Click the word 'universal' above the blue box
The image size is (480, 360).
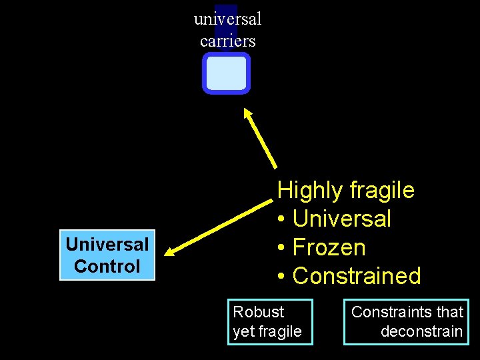[227, 19]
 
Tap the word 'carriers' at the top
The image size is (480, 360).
[227, 41]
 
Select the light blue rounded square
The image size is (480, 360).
[226, 73]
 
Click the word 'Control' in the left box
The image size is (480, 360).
[107, 267]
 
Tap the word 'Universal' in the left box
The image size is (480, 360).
[107, 245]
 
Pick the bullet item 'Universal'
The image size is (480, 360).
[342, 219]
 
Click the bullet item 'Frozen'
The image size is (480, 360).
[329, 247]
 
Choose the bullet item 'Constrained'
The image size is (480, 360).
[357, 276]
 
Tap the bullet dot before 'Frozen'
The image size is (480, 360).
[282, 248]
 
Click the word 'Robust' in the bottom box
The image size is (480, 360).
[259, 312]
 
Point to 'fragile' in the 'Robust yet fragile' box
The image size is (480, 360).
[281, 331]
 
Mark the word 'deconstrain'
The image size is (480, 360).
[421, 331]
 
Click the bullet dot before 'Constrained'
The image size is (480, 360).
[282, 277]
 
